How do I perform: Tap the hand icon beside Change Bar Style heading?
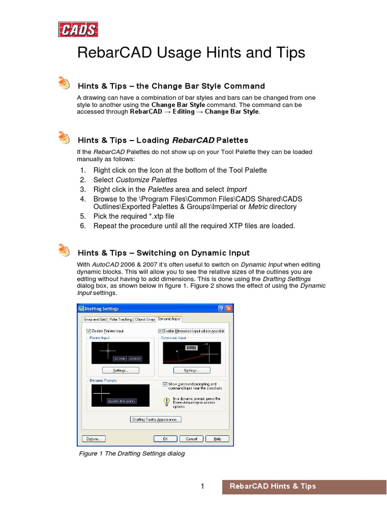64,83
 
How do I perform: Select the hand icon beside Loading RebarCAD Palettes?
64,137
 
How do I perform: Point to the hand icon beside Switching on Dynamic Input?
64,250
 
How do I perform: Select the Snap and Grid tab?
95,319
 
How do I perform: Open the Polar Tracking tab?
120,319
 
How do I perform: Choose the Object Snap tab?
145,319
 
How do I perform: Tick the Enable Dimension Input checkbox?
161,331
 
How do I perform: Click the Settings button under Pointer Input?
120,370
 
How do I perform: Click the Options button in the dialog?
94,439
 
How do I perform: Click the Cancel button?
191,439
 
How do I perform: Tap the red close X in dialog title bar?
229,308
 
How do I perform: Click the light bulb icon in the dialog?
167,402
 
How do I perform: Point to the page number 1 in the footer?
202,486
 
